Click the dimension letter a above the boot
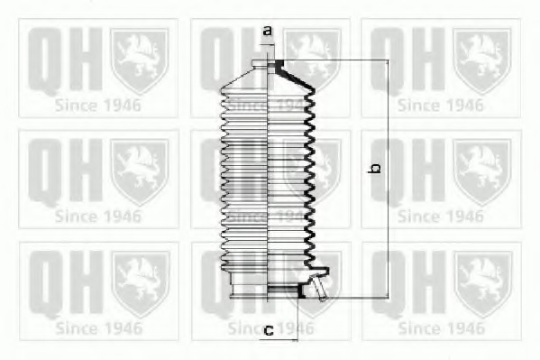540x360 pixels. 268,31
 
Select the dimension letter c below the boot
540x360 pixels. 269,331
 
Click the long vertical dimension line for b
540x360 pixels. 389,179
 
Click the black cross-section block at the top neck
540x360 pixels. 279,64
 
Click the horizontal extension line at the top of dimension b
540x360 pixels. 335,60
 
